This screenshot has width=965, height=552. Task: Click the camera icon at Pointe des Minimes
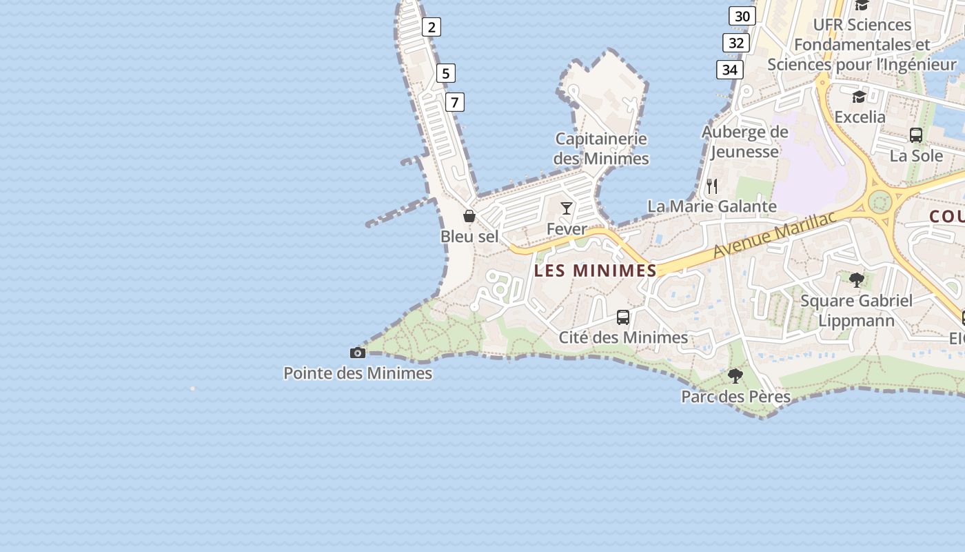click(358, 353)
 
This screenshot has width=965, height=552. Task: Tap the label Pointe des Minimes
click(358, 373)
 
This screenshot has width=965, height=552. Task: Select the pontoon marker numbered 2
click(431, 27)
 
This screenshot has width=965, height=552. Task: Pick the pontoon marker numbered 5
click(446, 73)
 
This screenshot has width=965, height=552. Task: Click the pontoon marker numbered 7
click(454, 102)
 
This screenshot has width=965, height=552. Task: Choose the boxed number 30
click(742, 16)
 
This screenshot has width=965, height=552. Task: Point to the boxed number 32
click(736, 43)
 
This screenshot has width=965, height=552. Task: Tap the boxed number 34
click(730, 70)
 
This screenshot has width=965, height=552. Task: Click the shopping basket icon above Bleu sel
click(469, 217)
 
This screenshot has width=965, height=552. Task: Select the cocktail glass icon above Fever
click(567, 208)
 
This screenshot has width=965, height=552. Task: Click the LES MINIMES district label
click(596, 270)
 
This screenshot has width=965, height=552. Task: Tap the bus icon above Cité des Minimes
click(623, 317)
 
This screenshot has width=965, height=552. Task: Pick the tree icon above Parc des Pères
click(735, 376)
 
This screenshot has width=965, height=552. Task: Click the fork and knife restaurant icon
click(712, 186)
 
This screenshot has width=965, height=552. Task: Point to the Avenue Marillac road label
click(774, 235)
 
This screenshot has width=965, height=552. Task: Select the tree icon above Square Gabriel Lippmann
click(857, 280)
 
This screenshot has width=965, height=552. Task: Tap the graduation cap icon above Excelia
click(860, 97)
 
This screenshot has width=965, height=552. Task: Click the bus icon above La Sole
click(916, 135)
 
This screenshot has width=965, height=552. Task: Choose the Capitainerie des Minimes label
click(601, 148)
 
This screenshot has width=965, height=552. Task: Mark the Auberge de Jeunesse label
click(745, 141)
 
